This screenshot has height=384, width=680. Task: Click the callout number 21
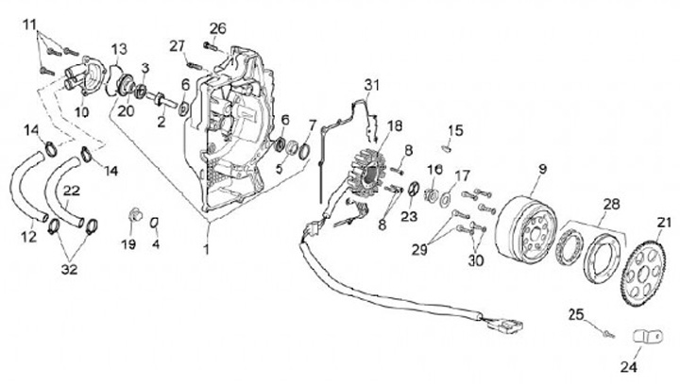pos(663,223)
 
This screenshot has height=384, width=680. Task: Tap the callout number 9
pos(542,171)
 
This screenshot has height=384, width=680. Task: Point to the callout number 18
pos(394,125)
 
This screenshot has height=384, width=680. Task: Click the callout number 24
pos(631,365)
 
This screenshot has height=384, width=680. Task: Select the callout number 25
pos(577,312)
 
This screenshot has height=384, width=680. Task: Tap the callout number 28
pos(612,204)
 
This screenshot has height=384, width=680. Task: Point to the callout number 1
pos(206,249)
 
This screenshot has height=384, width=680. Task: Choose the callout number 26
pos(218,27)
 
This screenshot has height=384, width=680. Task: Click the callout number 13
pos(119,49)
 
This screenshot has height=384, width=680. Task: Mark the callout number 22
pos(71,192)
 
